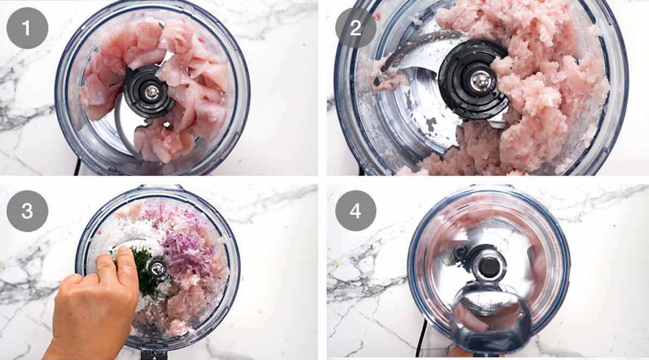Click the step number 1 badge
pyautogui.click(x=27, y=28)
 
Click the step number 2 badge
pyautogui.click(x=355, y=28)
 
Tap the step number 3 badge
pyautogui.click(x=27, y=211)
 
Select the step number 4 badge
pyautogui.click(x=355, y=211)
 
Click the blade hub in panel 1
pyautogui.click(x=149, y=91)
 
